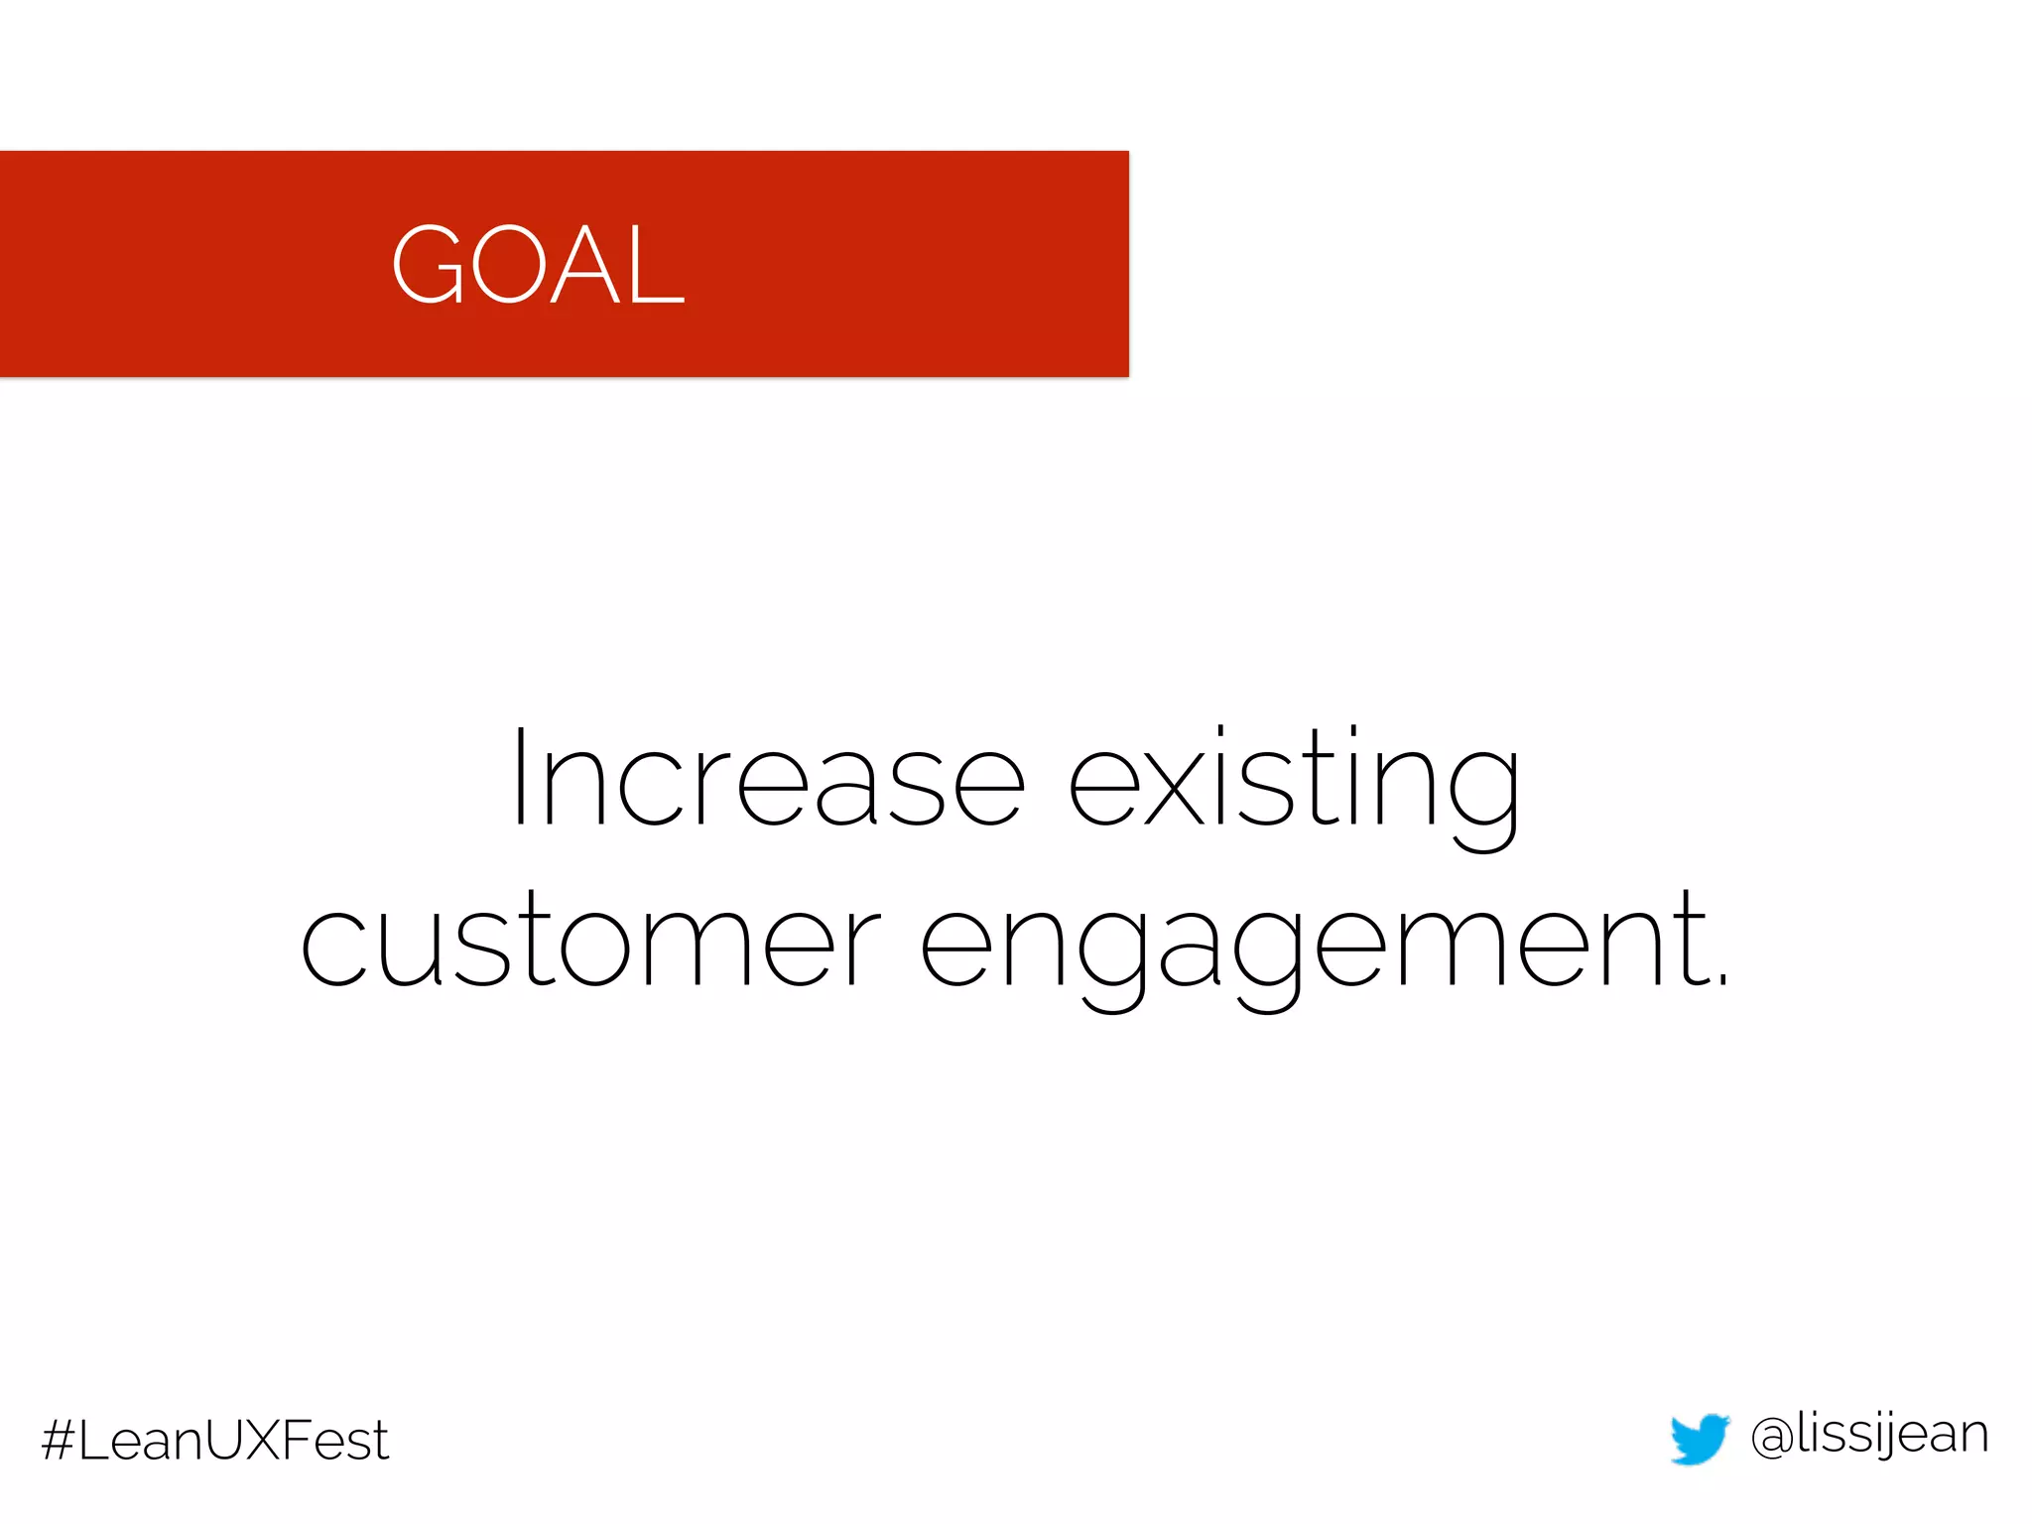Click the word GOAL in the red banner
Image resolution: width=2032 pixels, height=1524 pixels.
(538, 265)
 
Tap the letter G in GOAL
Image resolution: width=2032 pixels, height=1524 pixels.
(429, 265)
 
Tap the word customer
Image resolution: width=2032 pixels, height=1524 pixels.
(589, 940)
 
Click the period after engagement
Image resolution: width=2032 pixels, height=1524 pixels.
(1722, 980)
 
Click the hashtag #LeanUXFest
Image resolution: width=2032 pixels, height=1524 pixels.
(215, 1441)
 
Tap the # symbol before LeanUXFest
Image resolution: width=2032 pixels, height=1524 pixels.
(59, 1441)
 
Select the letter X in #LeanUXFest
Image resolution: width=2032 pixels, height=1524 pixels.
(261, 1441)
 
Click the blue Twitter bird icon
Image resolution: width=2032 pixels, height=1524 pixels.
(1699, 1439)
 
